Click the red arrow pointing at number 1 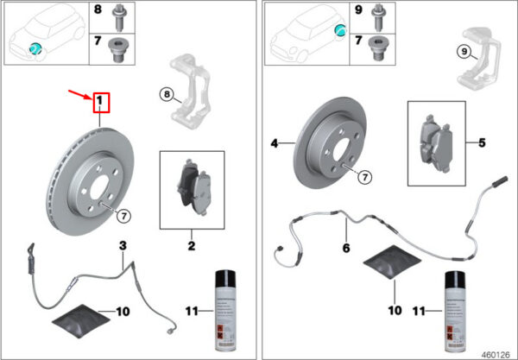80,94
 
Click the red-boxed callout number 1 101,103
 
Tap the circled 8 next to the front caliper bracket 167,95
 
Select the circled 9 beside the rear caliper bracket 464,52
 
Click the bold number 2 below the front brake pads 192,246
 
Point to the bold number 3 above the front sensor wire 123,246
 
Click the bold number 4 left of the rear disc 275,143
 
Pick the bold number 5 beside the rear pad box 482,143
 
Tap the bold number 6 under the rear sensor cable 346,248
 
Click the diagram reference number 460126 496,355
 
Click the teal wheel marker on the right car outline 340,30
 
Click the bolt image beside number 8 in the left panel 118,17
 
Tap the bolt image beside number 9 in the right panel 378,17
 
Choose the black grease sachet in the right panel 392,262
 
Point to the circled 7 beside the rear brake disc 365,177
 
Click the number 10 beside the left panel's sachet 123,312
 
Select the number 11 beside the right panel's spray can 420,311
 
